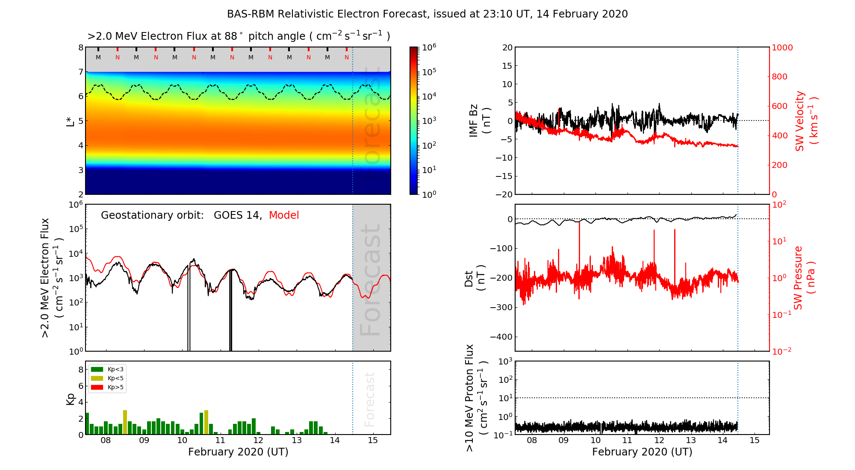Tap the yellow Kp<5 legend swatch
click(x=97, y=379)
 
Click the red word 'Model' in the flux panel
click(x=284, y=215)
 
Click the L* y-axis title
click(x=70, y=120)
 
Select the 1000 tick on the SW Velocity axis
click(x=782, y=48)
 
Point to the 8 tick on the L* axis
click(x=80, y=47)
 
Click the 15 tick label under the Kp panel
click(x=373, y=441)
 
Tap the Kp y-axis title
click(x=71, y=399)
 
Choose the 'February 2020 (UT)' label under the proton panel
click(x=642, y=452)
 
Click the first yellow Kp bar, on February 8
click(x=125, y=422)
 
